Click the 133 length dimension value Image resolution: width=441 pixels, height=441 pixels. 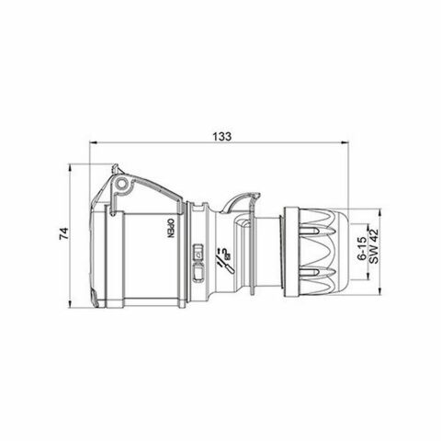(220, 135)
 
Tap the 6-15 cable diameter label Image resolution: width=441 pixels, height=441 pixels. (361, 247)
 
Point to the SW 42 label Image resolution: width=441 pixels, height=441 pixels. (374, 247)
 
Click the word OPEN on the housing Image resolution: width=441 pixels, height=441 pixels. (170, 228)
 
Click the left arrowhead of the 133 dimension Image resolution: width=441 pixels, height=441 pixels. (96, 144)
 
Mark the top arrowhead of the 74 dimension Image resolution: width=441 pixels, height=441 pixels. (72, 170)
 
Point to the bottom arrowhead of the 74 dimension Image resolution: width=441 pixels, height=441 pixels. (72, 304)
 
